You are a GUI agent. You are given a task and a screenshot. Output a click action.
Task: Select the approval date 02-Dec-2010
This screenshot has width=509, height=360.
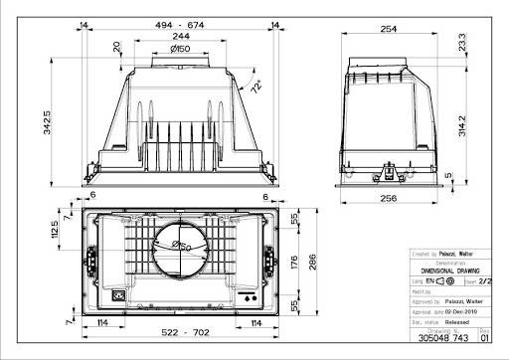pos(461,311)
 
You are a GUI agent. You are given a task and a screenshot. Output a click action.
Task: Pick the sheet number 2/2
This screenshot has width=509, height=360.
pos(485,282)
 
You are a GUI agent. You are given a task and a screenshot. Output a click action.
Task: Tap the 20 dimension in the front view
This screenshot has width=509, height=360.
pos(117,47)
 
